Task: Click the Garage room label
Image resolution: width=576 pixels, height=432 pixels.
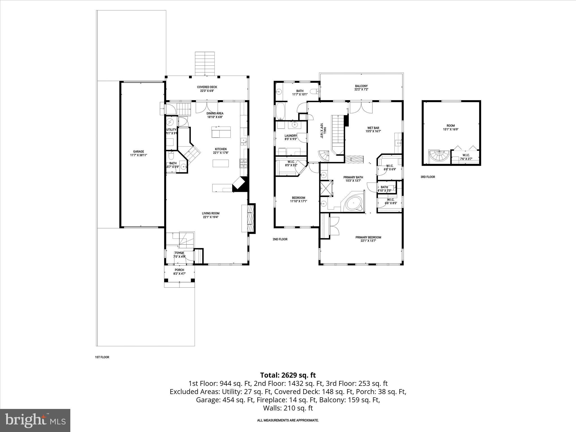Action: click(x=138, y=152)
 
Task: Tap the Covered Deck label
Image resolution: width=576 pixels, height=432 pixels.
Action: click(x=207, y=87)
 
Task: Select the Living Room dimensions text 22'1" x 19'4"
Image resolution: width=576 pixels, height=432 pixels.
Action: click(x=210, y=217)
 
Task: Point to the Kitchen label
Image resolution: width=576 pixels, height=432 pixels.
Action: click(x=221, y=149)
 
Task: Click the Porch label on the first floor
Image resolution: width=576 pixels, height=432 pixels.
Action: click(x=179, y=270)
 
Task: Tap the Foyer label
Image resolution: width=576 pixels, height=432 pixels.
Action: click(x=179, y=253)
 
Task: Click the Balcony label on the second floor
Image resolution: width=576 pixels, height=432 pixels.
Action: click(x=361, y=86)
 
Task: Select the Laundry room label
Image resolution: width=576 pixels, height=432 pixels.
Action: click(x=291, y=136)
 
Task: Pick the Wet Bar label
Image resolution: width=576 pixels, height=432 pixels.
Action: click(x=373, y=128)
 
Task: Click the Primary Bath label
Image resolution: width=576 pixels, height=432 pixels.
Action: click(x=353, y=177)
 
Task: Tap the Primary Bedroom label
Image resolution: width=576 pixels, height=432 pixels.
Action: click(x=368, y=237)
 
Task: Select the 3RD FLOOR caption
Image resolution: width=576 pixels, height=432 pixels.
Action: click(x=427, y=177)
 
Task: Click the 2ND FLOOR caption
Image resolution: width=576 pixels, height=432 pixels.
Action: click(x=280, y=239)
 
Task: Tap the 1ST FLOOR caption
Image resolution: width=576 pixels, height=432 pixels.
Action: click(x=102, y=357)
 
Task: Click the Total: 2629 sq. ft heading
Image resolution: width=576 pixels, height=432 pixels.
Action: click(x=288, y=375)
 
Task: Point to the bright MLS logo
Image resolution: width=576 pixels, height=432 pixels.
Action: click(x=35, y=420)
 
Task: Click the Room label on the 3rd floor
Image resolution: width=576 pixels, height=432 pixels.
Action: click(x=451, y=126)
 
